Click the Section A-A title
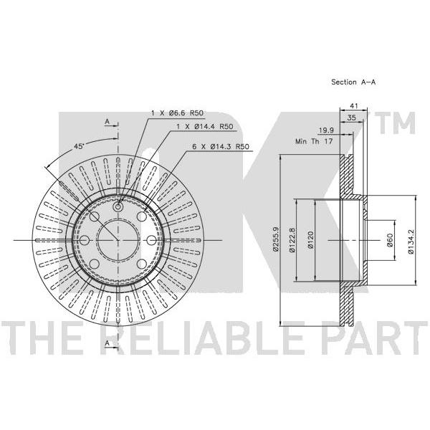(353, 82)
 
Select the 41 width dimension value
(354, 105)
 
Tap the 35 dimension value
(351, 118)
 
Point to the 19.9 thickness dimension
(326, 130)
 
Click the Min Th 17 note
(314, 141)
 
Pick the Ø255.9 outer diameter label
(276, 239)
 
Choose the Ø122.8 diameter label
(292, 240)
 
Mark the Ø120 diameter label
(310, 240)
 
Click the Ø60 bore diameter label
(391, 240)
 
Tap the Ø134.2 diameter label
(411, 242)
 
